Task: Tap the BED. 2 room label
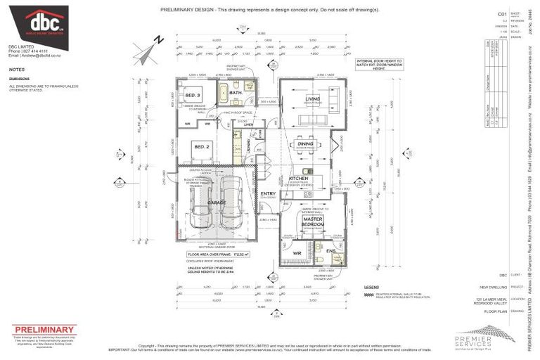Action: click(200, 146)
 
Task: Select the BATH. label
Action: click(236, 94)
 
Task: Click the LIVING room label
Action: click(312, 99)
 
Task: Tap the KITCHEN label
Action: click(299, 179)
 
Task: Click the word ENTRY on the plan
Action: click(268, 193)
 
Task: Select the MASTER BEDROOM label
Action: click(312, 221)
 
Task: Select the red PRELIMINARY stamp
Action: click(43, 330)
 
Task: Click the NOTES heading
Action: click(17, 70)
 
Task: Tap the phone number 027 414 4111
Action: click(34, 51)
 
